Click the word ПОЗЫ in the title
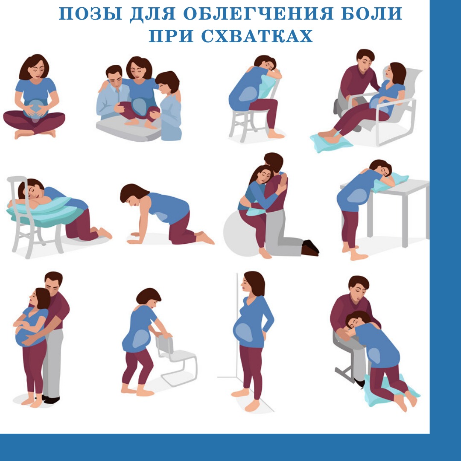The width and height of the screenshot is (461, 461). pos(90,14)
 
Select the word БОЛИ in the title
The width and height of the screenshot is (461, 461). pos(372,14)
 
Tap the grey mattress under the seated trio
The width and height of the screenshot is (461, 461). pos(129,128)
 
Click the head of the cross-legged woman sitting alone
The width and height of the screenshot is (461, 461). pos(34,67)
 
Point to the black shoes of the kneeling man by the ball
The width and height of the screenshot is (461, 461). pos(310,248)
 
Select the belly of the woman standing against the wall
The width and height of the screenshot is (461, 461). pos(245,332)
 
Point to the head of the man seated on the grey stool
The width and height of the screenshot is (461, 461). pos(359,288)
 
